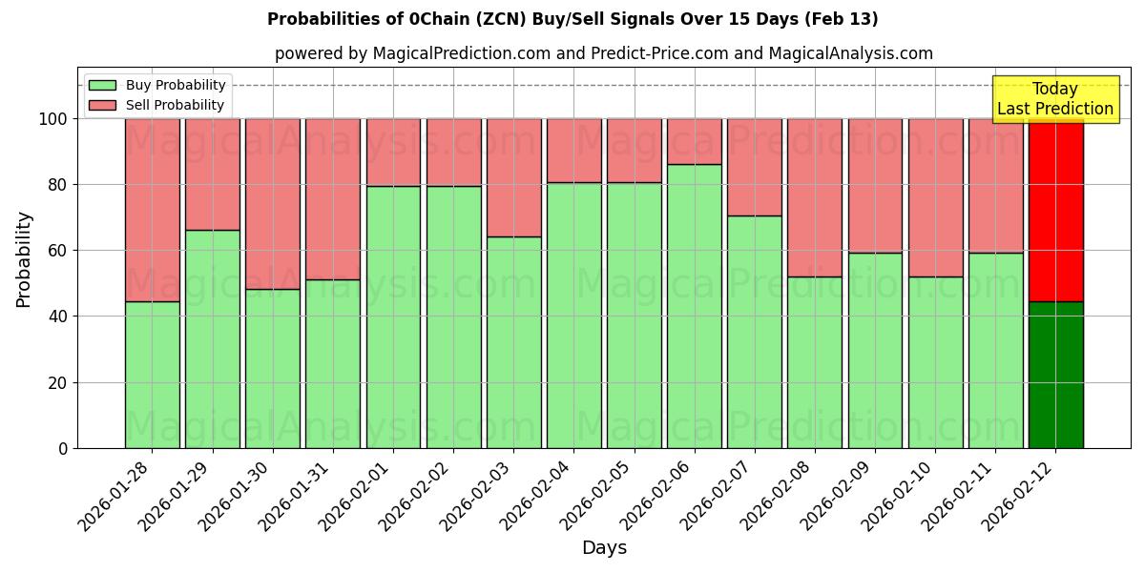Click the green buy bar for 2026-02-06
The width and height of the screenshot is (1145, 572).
pos(695,305)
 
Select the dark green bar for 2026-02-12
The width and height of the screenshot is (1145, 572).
pos(1056,375)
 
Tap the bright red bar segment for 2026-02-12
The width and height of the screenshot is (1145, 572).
pos(1056,210)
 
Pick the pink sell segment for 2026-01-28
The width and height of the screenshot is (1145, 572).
pos(153,210)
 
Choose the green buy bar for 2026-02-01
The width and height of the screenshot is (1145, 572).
pos(393,317)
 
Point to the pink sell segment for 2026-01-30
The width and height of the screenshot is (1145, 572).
pos(273,203)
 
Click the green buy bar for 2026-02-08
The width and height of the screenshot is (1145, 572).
pos(815,362)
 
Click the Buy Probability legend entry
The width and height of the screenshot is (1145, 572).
pos(157,85)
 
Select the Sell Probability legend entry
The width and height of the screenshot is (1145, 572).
pos(157,105)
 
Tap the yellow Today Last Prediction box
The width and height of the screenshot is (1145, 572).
pos(1055,100)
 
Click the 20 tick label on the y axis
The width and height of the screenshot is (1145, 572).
pos(58,383)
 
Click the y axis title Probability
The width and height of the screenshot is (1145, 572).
pos(24,259)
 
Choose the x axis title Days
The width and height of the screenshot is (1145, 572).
pos(604,548)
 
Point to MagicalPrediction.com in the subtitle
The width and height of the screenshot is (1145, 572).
pos(461,53)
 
